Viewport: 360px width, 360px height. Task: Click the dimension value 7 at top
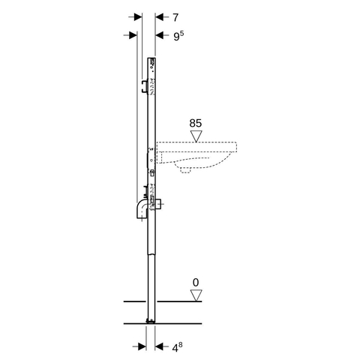[x=175, y=17]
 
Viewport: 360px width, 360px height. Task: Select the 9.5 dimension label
[x=178, y=35]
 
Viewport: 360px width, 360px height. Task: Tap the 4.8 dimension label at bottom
[x=177, y=347]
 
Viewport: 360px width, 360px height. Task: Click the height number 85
[x=196, y=123]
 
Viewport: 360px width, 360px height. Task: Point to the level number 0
[x=196, y=283]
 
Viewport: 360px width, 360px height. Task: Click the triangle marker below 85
[x=196, y=136]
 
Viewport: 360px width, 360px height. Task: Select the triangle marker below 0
[x=196, y=295]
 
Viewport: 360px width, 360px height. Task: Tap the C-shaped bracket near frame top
[x=144, y=87]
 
